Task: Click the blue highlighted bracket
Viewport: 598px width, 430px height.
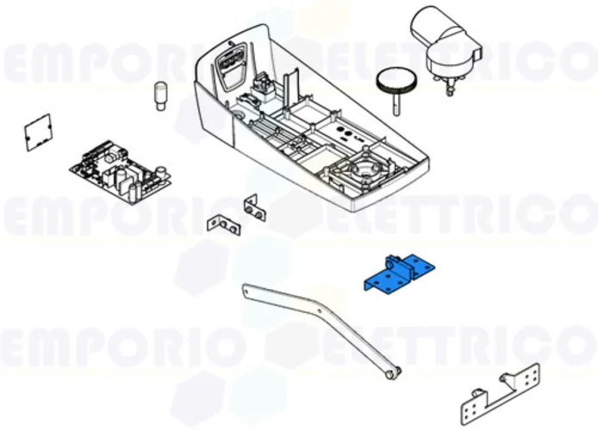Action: point(398,274)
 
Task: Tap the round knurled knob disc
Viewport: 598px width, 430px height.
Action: point(395,85)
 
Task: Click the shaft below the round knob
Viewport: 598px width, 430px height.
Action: point(396,106)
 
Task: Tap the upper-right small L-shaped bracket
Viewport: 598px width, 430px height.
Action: point(254,206)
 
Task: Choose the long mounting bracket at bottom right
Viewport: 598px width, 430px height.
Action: point(500,390)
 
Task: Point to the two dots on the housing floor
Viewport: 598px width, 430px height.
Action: point(347,135)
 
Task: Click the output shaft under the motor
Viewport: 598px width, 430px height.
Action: point(448,83)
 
